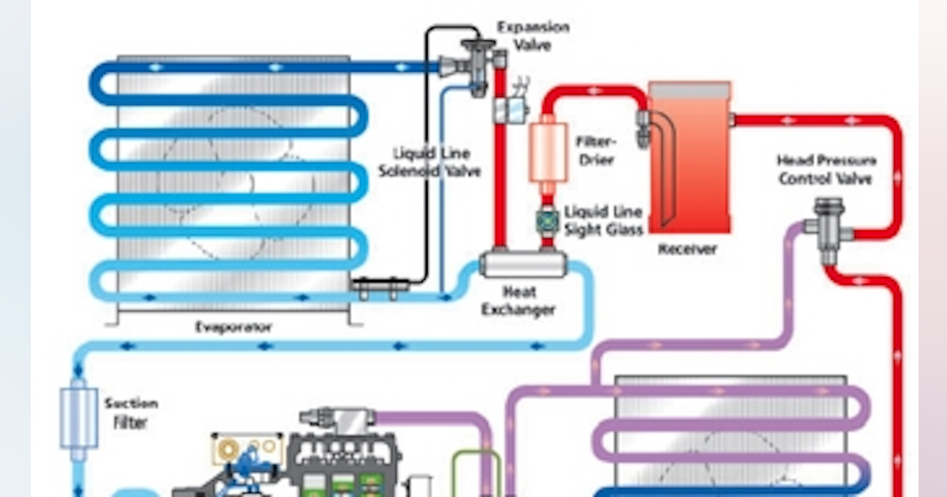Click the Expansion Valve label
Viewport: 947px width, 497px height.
533,35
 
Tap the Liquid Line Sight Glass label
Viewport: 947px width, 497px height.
603,220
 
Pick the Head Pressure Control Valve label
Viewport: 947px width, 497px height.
825,170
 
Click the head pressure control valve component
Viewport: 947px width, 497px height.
825,230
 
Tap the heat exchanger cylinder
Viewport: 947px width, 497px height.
521,262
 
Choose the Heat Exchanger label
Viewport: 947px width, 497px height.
518,301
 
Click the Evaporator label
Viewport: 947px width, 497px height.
234,327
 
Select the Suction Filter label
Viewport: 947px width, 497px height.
130,413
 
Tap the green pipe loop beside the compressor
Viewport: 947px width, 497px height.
473,473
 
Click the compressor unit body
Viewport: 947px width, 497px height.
347,465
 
